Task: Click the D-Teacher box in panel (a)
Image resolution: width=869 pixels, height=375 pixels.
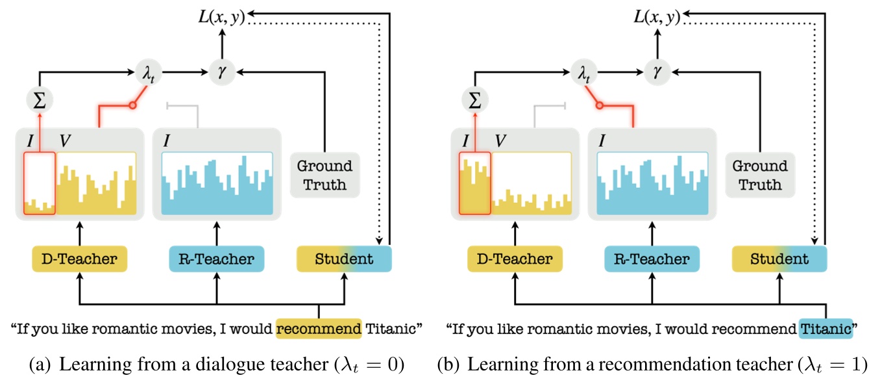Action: tap(79, 259)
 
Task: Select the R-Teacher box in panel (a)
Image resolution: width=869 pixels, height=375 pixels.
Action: tap(216, 259)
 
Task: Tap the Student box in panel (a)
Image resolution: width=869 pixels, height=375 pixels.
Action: tap(344, 259)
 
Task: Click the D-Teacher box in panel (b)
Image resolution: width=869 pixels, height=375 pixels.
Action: tap(514, 259)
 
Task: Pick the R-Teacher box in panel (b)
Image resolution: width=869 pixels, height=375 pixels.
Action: tap(652, 259)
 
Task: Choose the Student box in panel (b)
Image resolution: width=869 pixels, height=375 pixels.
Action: tap(779, 259)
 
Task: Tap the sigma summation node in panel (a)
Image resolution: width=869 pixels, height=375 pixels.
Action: tap(40, 101)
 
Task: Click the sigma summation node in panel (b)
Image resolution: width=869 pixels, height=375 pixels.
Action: tap(474, 101)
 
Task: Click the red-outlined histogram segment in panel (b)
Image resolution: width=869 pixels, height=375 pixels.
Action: tap(474, 184)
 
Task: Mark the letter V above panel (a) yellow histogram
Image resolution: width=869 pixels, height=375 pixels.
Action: tap(65, 140)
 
